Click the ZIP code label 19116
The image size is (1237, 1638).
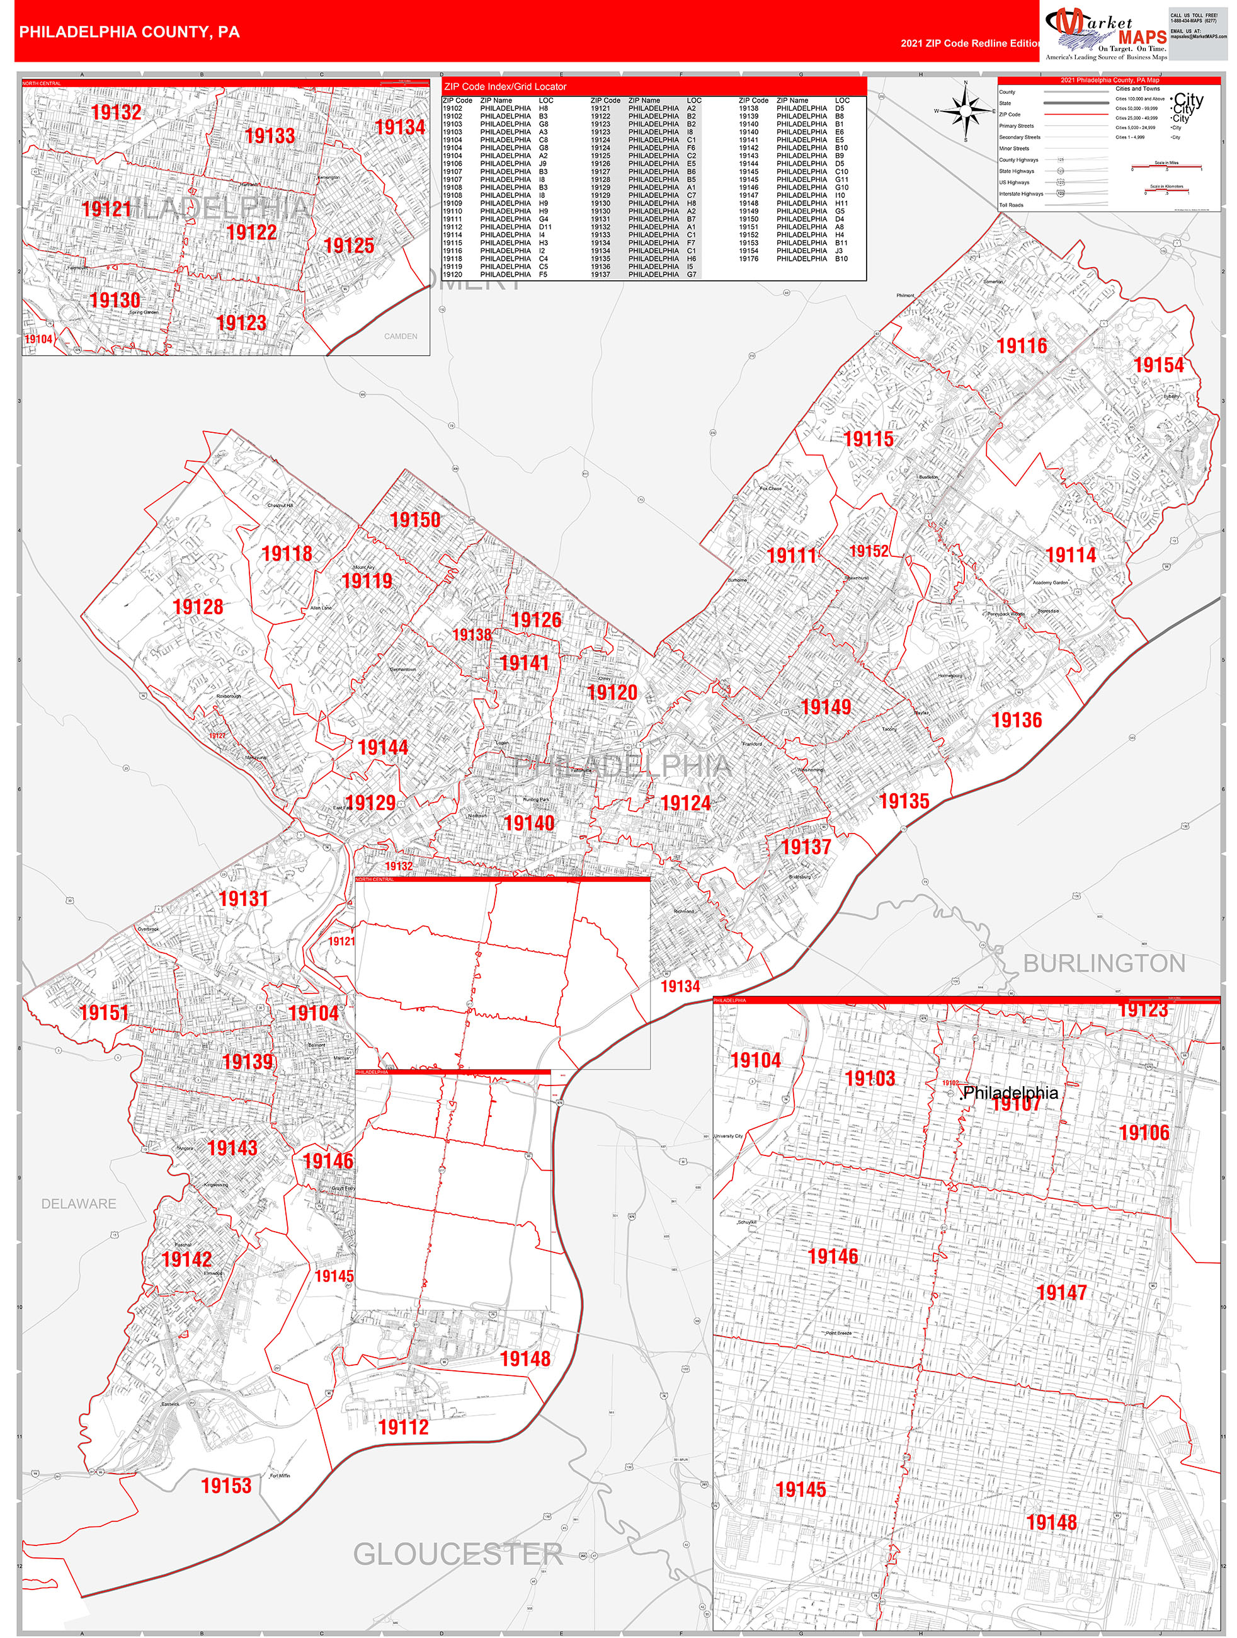pos(1022,346)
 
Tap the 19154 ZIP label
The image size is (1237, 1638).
pos(1158,365)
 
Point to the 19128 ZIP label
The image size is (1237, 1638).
pos(198,607)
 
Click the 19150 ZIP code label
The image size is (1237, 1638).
pos(415,520)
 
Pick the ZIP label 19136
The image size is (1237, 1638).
pos(1017,721)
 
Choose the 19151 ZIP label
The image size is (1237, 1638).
pos(105,1013)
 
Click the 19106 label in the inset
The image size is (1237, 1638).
pos(1144,1133)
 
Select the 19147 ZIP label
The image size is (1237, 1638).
pos(1061,1293)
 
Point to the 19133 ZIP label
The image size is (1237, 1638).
pos(270,136)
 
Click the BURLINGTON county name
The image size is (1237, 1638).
pos(1103,963)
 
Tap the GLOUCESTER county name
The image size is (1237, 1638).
pos(457,1554)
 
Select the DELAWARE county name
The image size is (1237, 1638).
pos(79,1204)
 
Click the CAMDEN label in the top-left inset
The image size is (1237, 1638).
pos(401,336)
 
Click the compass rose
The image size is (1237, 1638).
pos(966,111)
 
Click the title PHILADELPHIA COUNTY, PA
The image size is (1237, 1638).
pos(130,32)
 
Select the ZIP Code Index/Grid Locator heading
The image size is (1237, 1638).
pos(506,87)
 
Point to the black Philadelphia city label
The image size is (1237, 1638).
pos(1010,1093)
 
